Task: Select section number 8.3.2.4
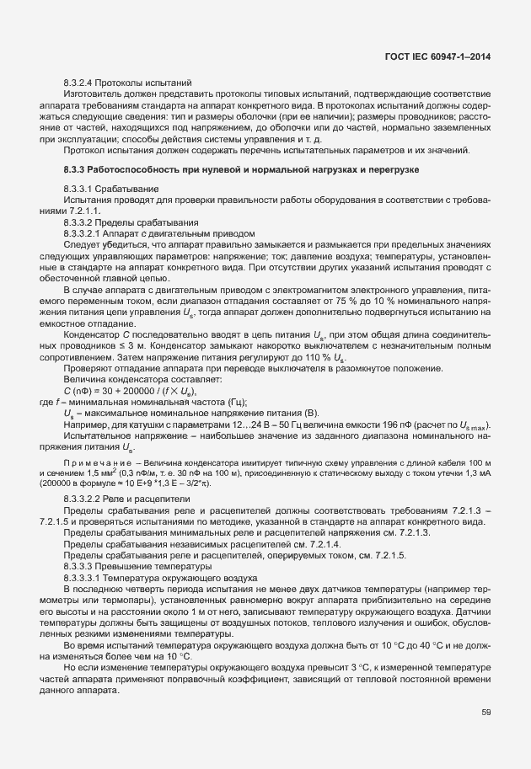click(x=83, y=83)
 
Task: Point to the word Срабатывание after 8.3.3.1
click(x=131, y=188)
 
